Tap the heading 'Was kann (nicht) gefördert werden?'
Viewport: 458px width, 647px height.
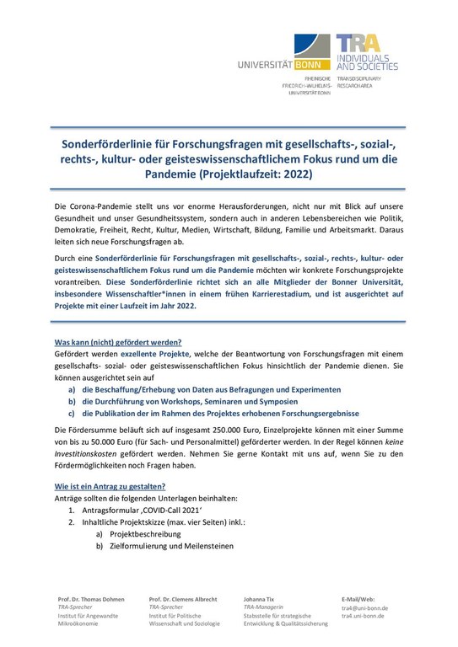pos(119,343)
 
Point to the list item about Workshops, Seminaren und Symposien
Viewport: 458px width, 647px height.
pos(191,402)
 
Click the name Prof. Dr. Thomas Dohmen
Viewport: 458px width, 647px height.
pos(91,599)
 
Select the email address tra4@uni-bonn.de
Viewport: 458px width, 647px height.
pos(364,607)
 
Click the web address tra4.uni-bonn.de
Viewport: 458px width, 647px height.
pos(363,616)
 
